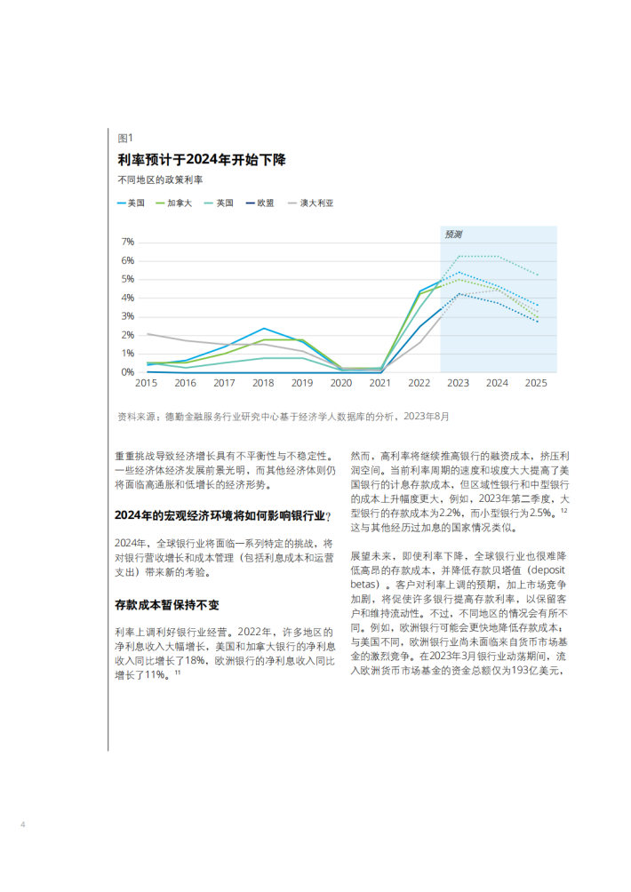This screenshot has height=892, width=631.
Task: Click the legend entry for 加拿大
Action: coord(173,203)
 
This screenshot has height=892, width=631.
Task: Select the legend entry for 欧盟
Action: coord(260,203)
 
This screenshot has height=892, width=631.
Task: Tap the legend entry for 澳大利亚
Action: coord(311,203)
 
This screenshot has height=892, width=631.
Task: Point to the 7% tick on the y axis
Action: coord(127,243)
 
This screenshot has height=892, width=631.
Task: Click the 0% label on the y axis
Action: coord(127,372)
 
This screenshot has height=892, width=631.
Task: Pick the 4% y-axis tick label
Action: coord(127,299)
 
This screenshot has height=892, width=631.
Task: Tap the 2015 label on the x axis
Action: coord(147,384)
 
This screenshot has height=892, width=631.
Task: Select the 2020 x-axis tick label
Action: coord(340,384)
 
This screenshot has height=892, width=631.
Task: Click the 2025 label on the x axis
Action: coord(536,384)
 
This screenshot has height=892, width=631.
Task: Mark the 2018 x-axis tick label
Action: coord(263,384)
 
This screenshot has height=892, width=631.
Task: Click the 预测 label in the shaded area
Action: coord(453,235)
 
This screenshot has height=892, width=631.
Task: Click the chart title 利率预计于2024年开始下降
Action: coord(202,160)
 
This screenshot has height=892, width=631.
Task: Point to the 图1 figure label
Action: coord(125,139)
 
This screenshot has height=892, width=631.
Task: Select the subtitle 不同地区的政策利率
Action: coord(160,179)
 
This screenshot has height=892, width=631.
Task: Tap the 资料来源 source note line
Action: coord(284,417)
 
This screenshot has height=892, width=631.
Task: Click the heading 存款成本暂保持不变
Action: coord(167,605)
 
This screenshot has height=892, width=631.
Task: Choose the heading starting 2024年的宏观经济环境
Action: coord(222,515)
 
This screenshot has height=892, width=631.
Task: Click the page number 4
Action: coord(23,824)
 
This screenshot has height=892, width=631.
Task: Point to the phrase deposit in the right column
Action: coord(547,570)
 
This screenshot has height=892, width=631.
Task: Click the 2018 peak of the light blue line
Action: coord(264,328)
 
